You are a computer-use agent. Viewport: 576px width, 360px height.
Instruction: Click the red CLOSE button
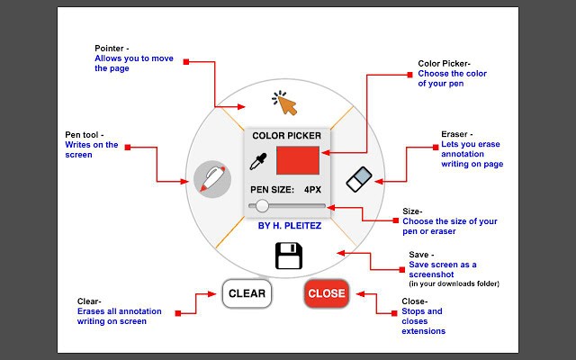pos(326,293)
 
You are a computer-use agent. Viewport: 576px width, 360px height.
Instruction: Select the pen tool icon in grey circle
pos(211,177)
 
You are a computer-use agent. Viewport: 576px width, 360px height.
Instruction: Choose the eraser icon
pos(358,178)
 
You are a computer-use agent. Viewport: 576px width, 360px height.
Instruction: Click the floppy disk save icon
pos(288,256)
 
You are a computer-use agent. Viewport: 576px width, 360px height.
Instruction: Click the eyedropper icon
pos(259,162)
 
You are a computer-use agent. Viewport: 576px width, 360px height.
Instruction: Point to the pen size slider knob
pos(262,206)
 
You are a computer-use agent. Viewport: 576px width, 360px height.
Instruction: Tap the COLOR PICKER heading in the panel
pos(286,136)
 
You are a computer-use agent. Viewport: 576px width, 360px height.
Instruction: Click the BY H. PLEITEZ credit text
pos(288,226)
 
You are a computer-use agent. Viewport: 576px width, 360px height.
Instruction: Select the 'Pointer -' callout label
pos(112,48)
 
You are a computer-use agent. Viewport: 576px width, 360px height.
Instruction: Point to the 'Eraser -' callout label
pos(456,134)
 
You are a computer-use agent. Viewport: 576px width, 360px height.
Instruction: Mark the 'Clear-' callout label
pos(90,301)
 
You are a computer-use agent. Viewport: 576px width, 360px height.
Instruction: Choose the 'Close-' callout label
pos(415,301)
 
